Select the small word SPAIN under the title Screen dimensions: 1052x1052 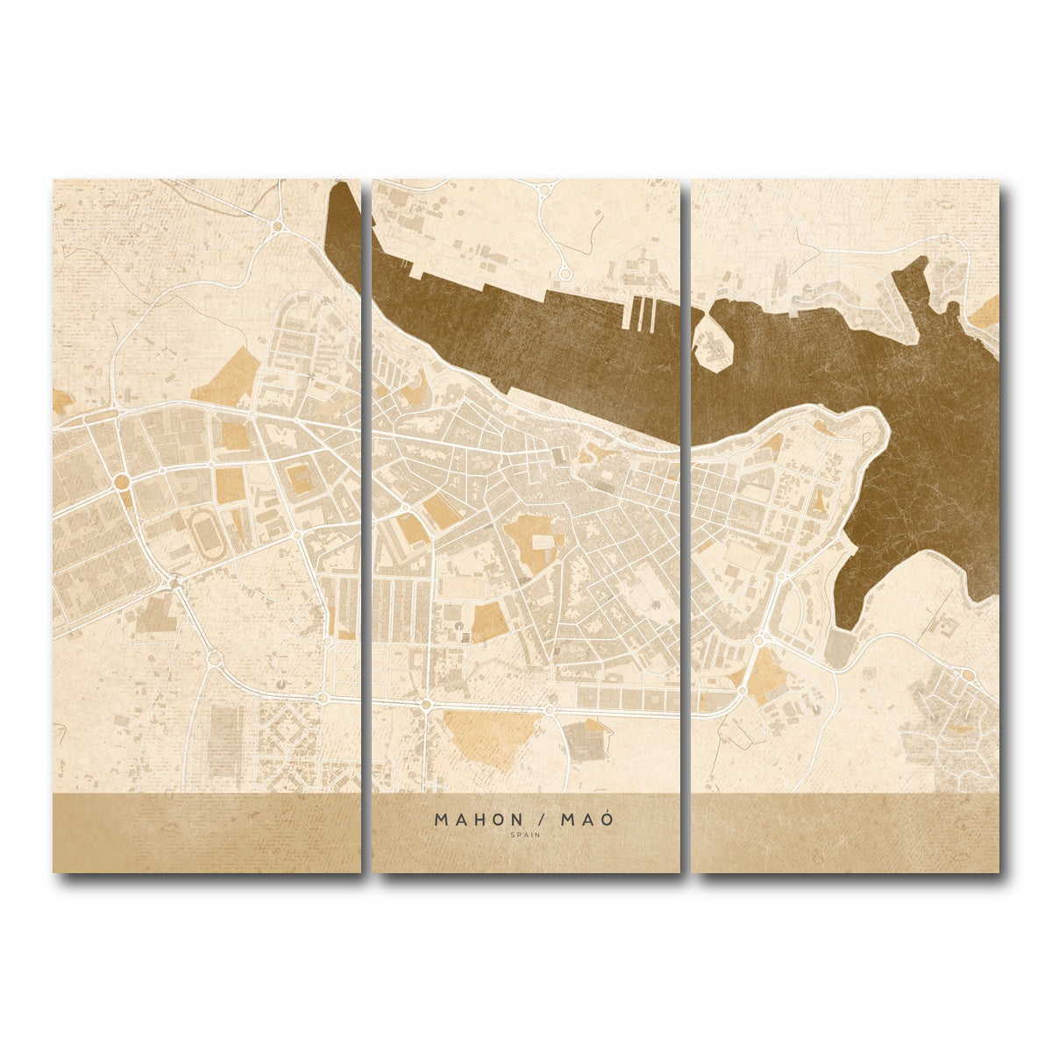[526, 835]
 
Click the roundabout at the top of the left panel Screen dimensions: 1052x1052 [277, 226]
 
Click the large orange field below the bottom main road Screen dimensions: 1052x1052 [489, 736]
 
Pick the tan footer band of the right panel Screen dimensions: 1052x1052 [845, 833]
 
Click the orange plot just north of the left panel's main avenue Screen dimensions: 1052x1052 [227, 377]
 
